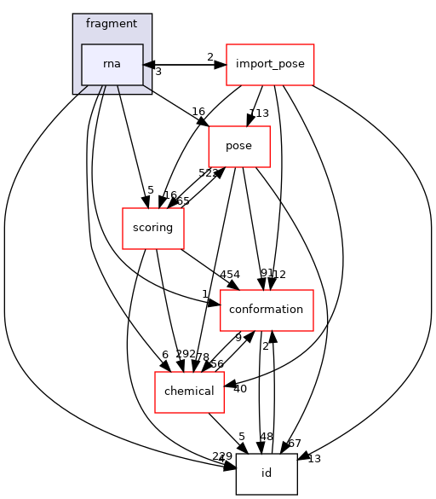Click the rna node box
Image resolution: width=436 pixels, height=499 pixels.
coord(112,65)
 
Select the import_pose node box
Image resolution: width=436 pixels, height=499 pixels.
coord(270,65)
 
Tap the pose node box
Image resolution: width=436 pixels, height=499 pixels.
coord(238,146)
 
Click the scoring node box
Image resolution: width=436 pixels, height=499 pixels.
coord(153,228)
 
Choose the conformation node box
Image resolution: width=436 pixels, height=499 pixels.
coord(267,310)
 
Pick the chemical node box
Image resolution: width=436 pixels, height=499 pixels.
coord(188,392)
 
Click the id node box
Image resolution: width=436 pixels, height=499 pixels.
coord(267,473)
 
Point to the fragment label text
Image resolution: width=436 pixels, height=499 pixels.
coord(112,23)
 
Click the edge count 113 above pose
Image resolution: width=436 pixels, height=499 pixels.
coord(258,113)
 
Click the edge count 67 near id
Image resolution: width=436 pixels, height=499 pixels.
coord(295,444)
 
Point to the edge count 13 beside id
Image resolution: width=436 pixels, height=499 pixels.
coord(314,459)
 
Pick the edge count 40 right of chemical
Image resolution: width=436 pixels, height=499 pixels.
coord(239,389)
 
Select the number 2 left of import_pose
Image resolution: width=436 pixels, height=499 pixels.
coord(209,57)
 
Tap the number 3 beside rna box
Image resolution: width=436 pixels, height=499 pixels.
coord(158,72)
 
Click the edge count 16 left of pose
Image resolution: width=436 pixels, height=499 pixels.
coord(198,112)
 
